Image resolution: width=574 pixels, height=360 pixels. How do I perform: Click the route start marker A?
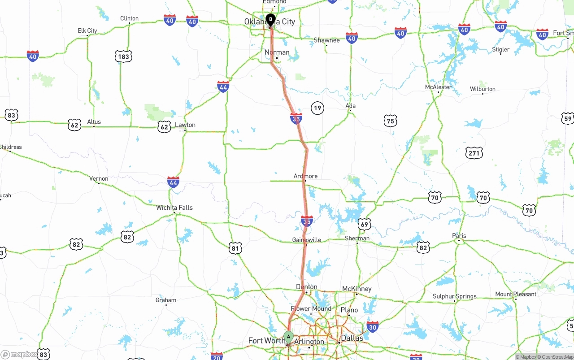(x=288, y=336)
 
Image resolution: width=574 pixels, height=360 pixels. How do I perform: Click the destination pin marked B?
(x=270, y=19)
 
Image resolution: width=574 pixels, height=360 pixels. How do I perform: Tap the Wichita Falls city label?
(x=174, y=208)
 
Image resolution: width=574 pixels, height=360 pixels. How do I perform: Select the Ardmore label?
(x=305, y=176)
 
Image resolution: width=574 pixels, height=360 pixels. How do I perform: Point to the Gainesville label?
(x=307, y=240)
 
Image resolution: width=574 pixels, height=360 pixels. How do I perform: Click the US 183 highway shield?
(x=123, y=56)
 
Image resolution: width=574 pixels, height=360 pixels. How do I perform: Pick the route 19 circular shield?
(x=317, y=108)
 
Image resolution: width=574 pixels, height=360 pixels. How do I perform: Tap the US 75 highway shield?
(x=391, y=121)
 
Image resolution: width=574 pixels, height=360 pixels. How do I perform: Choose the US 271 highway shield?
(x=474, y=153)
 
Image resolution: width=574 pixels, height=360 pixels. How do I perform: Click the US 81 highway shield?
(x=235, y=248)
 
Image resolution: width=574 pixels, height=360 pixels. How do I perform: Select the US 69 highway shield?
(x=365, y=224)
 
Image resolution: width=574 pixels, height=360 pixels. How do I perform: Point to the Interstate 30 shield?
(x=372, y=327)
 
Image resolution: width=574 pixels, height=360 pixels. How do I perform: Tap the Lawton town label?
(x=185, y=125)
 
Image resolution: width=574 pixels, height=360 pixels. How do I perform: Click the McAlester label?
(x=438, y=87)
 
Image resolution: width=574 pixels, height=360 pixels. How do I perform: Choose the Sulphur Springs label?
(x=455, y=296)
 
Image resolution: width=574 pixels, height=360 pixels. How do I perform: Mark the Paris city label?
(x=459, y=236)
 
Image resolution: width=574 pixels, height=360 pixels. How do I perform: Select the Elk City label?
(x=87, y=30)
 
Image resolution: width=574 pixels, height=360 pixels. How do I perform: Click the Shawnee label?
(x=326, y=40)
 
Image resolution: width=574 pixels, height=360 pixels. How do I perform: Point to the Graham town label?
(x=166, y=300)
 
